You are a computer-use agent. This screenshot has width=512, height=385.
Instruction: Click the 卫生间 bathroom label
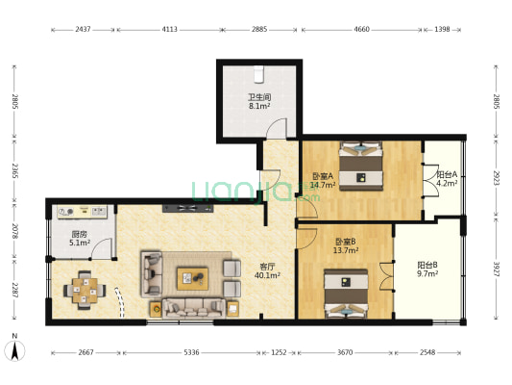pyautogui.click(x=259, y=97)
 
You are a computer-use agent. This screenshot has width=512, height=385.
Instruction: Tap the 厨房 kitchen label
pyautogui.click(x=80, y=234)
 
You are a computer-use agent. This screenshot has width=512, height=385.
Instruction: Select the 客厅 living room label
pyautogui.click(x=267, y=267)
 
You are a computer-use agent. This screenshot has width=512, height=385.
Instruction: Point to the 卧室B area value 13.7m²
pyautogui.click(x=346, y=250)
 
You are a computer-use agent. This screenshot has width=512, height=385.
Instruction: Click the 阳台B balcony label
pyautogui.click(x=427, y=265)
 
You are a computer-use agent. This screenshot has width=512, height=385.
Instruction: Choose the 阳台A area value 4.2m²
pyautogui.click(x=447, y=183)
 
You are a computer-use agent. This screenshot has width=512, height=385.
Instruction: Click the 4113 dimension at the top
pyautogui.click(x=169, y=30)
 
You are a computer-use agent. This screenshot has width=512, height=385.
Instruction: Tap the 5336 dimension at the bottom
pyautogui.click(x=191, y=352)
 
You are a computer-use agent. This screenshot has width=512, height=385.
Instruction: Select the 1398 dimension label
pyautogui.click(x=442, y=30)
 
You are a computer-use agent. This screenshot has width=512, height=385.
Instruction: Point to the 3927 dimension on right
pyautogui.click(x=497, y=269)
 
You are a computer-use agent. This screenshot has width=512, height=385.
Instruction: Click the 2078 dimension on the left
pyautogui.click(x=14, y=231)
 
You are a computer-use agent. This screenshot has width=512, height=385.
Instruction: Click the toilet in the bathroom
pyautogui.click(x=259, y=74)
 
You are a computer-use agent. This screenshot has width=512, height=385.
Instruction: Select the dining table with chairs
pyautogui.click(x=85, y=290)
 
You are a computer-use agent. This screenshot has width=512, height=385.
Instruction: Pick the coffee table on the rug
pyautogui.click(x=193, y=278)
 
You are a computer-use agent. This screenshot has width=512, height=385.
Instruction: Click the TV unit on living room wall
pyautogui.click(x=187, y=208)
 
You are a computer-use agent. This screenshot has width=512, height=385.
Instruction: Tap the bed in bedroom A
pyautogui.click(x=361, y=166)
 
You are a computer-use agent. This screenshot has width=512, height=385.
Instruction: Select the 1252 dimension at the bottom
pyautogui.click(x=279, y=352)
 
